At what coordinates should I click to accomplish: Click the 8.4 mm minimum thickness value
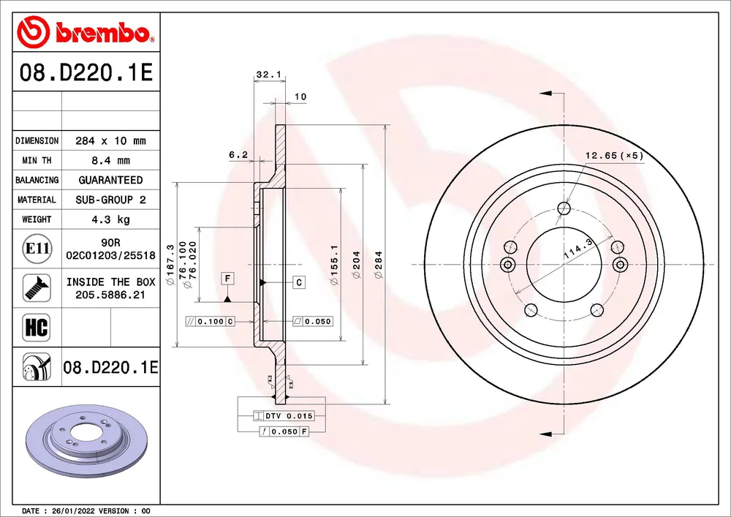coord(110,161)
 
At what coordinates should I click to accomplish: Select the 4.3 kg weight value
coord(110,219)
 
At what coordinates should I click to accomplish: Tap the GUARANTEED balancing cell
coord(110,180)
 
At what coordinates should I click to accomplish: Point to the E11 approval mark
coord(37,249)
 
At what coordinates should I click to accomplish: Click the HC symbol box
coord(37,328)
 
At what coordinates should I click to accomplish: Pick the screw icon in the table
coord(37,287)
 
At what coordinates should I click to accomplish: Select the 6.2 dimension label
coord(238,155)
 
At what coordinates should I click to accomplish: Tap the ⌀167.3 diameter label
coord(170,265)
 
